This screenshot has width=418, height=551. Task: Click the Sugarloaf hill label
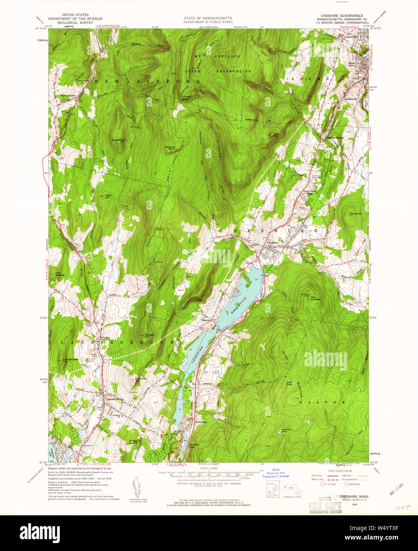pos(118,140)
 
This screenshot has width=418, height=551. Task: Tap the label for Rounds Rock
pos(170,147)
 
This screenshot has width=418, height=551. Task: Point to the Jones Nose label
pos(186,98)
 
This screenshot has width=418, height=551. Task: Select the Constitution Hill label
pos(70,360)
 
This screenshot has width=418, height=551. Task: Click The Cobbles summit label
pos(315,298)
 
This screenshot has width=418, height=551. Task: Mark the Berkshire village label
pos(201,422)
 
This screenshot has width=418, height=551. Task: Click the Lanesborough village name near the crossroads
pos(114,399)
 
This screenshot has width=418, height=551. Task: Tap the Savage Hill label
pos(149,335)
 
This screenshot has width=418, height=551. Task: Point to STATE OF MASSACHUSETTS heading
pos(208,18)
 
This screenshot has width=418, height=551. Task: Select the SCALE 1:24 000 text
pos(208,469)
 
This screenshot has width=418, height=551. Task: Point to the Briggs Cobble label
pos(133,442)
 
